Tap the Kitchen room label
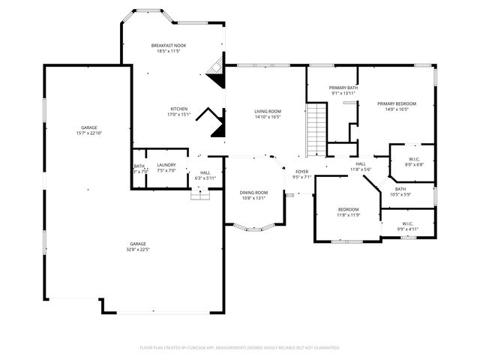click(x=178, y=109)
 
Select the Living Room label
click(x=267, y=111)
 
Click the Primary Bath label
click(x=342, y=88)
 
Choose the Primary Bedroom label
click(x=396, y=103)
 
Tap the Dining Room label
click(x=253, y=193)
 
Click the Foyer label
click(x=301, y=172)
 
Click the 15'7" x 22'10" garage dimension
click(x=88, y=133)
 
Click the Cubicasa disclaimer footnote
click(x=240, y=348)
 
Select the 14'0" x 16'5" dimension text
click(x=396, y=109)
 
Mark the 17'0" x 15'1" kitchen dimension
click(x=178, y=115)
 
